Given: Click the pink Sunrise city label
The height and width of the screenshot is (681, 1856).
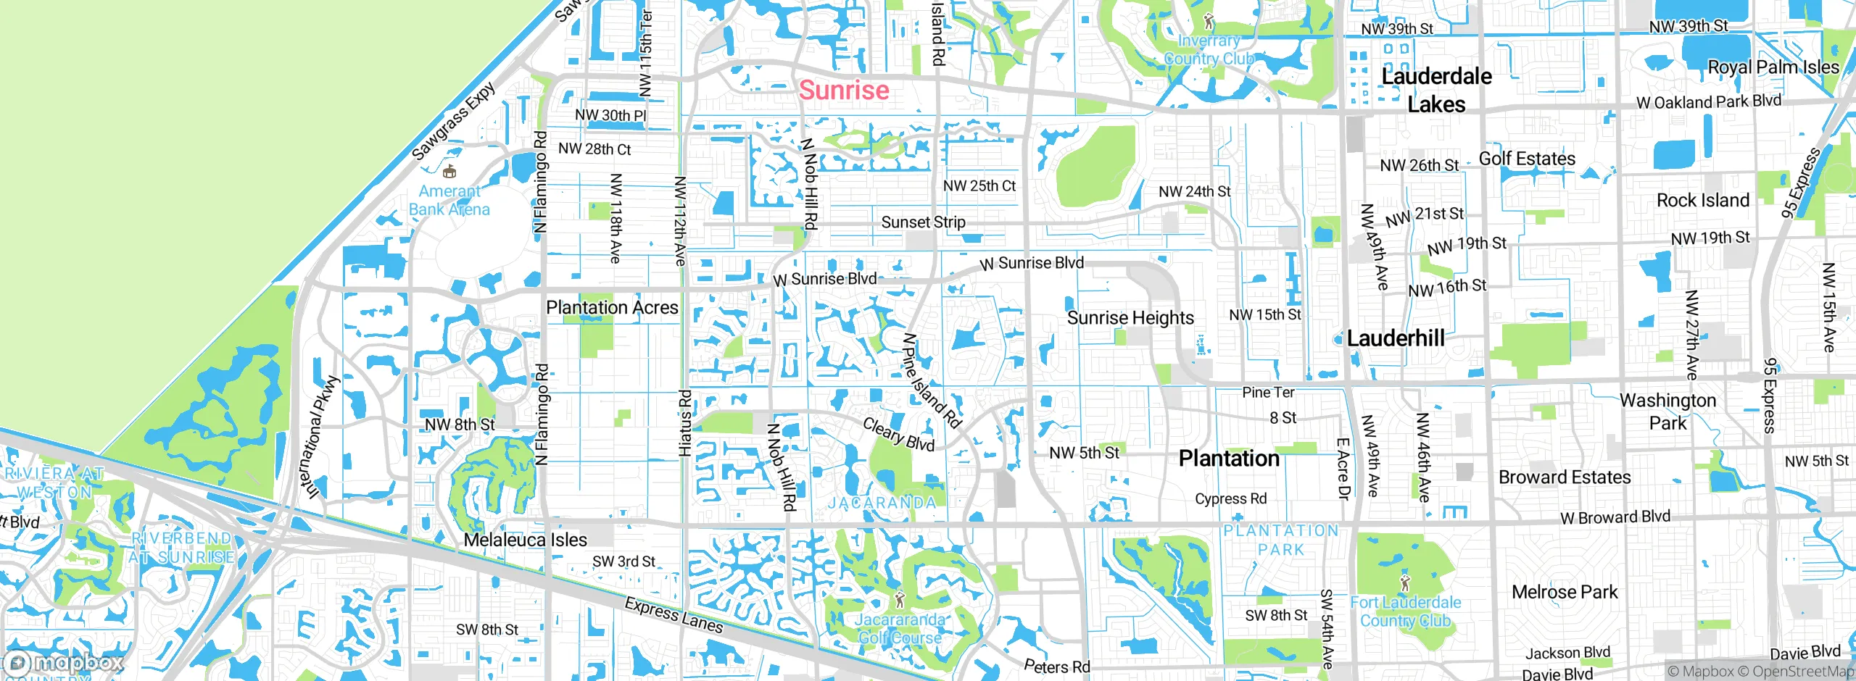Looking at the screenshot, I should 844,91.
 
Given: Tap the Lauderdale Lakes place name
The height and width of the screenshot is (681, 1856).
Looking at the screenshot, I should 1436,91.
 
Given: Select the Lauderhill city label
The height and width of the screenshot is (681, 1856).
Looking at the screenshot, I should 1396,338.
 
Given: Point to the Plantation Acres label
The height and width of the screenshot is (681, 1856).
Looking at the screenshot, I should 612,308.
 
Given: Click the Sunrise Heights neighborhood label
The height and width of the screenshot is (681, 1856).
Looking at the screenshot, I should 1130,318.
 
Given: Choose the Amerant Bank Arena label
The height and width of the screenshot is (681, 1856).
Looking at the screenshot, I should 449,201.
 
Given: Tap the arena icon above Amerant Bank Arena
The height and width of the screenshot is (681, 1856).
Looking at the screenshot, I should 449,172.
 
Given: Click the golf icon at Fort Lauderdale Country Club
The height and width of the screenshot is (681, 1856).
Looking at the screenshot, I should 1405,582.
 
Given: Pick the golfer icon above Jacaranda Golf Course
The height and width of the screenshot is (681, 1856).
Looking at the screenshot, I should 900,600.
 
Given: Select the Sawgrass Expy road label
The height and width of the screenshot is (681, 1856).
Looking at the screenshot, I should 454,121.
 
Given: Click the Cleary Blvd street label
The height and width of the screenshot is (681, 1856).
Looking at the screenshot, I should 898,434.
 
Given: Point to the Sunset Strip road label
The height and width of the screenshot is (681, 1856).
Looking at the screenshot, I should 923,222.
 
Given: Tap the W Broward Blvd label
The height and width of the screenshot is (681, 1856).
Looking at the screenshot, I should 1615,517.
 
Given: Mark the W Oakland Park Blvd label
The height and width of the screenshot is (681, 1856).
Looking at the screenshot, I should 1708,101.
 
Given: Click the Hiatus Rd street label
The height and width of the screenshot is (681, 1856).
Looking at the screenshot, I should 685,424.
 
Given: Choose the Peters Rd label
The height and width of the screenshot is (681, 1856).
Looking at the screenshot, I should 1056,666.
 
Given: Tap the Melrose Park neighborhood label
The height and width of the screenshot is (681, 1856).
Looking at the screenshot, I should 1565,593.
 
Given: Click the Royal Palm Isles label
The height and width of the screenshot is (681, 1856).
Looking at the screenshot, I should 1773,67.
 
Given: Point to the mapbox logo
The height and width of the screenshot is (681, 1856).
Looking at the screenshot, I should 64,663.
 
